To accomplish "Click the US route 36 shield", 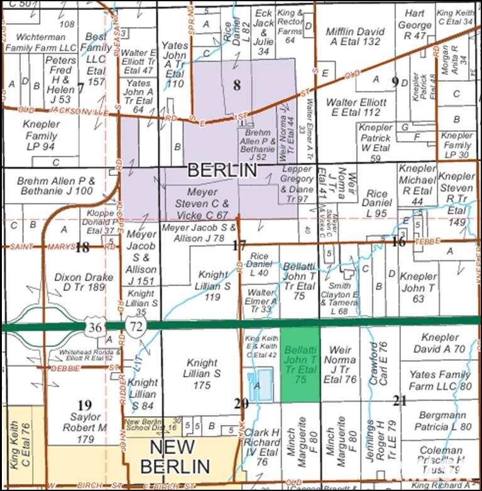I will [94, 327].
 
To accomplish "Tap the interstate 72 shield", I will [134, 326].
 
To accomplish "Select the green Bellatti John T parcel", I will [300, 363].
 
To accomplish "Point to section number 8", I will [237, 86].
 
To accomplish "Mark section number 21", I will [400, 400].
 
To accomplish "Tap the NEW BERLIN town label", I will [175, 457].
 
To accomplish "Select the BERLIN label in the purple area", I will [222, 170].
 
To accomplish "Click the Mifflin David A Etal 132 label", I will [354, 36].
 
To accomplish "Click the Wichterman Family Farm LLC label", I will [41, 42].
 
